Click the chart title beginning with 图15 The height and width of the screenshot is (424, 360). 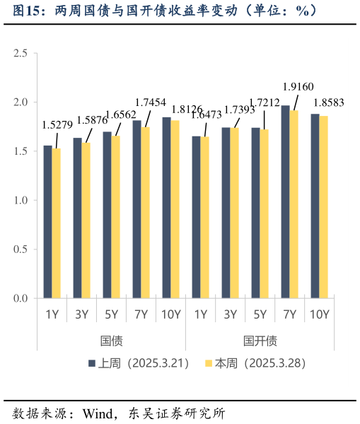pyautogui.click(x=163, y=11)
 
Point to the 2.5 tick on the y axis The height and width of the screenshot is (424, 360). pyautogui.click(x=21, y=54)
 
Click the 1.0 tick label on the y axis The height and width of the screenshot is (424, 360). pyautogui.click(x=21, y=201)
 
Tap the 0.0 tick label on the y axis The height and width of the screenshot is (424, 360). pyautogui.click(x=21, y=298)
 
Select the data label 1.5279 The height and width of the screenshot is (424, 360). pyautogui.click(x=58, y=125)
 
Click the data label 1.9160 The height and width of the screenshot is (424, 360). pyautogui.click(x=298, y=86)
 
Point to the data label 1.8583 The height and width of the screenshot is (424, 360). pyautogui.click(x=329, y=102)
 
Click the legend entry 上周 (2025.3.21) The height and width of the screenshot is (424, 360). pyautogui.click(x=139, y=363)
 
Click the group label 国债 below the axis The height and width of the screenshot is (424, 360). pyautogui.click(x=111, y=341)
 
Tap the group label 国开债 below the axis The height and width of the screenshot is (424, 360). pyautogui.click(x=260, y=341)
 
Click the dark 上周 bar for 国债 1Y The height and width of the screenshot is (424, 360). pyautogui.click(x=48, y=223)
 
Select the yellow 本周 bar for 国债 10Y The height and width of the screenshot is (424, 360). pyautogui.click(x=175, y=210)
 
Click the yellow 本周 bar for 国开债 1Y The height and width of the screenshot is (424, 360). pyautogui.click(x=205, y=218)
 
